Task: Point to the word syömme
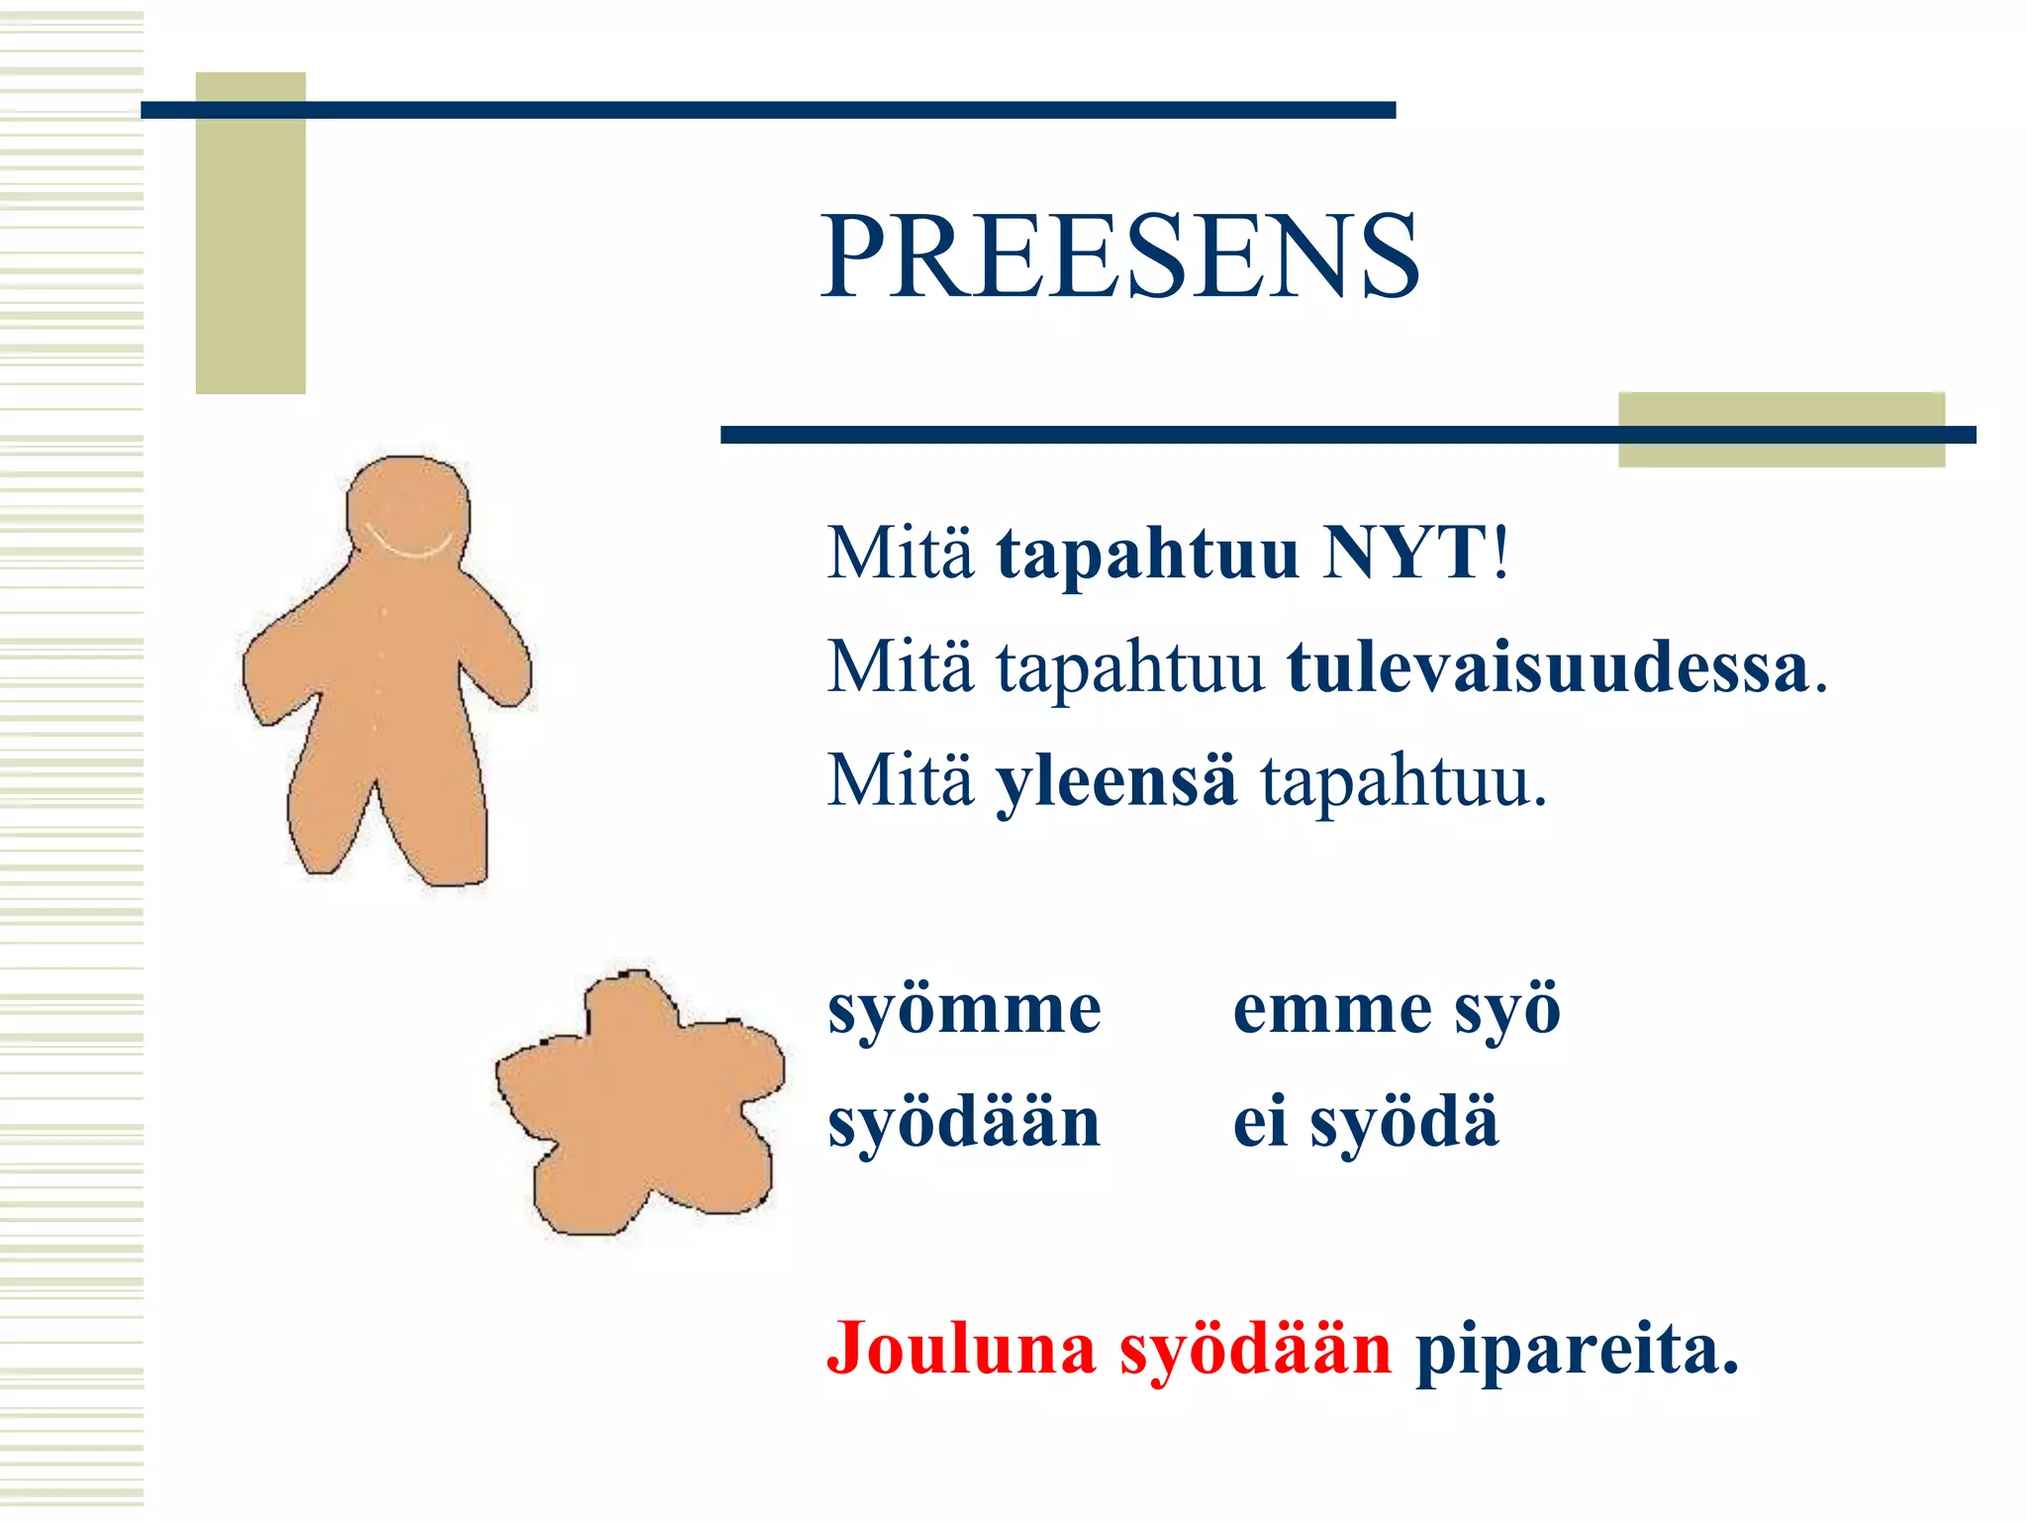[964, 1010]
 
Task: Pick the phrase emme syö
[1396, 1010]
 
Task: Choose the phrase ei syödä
[1365, 1123]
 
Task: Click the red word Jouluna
[961, 1349]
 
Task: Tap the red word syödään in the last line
[1255, 1349]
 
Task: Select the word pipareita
[1576, 1349]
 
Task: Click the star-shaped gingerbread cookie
[638, 1104]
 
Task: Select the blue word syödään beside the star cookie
[964, 1123]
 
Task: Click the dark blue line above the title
[768, 110]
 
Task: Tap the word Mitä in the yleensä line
[900, 780]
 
